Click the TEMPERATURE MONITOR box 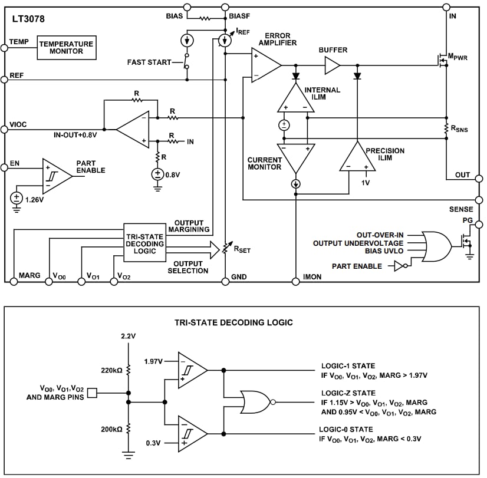coord(65,47)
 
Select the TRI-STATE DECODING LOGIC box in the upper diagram coord(144,243)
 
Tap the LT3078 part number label coord(28,19)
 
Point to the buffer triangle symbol coord(333,65)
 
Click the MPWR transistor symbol coord(441,59)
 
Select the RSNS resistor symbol coord(446,128)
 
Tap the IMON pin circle coord(294,281)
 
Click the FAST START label coord(149,62)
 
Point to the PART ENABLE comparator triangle coord(57,175)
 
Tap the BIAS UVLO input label coord(391,251)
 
